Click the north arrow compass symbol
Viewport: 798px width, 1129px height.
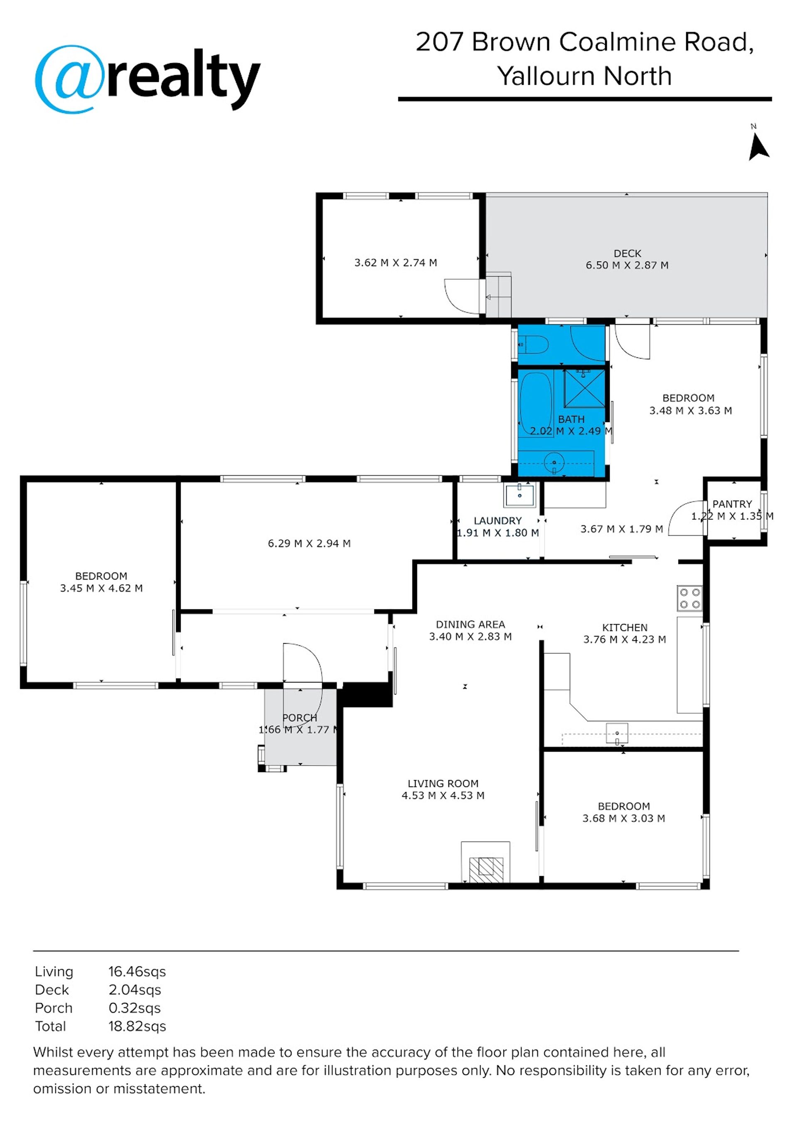[x=758, y=147]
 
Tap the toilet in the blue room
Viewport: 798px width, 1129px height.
[x=534, y=345]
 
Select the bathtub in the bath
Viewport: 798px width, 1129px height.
[x=537, y=404]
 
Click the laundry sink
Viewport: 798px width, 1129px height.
[x=519, y=495]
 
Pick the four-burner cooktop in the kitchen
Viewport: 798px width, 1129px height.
[x=690, y=599]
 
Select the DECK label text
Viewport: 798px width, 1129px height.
[x=628, y=253]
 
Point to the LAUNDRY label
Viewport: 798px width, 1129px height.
[x=498, y=521]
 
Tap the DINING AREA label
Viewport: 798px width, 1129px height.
[x=470, y=624]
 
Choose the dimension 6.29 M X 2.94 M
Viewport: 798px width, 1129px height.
[x=309, y=543]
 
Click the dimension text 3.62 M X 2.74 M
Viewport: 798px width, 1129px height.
[x=396, y=263]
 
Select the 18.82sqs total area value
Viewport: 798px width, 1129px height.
[x=137, y=1026]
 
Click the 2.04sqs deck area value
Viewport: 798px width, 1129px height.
[x=135, y=990]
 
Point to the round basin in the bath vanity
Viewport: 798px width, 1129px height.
[x=554, y=463]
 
